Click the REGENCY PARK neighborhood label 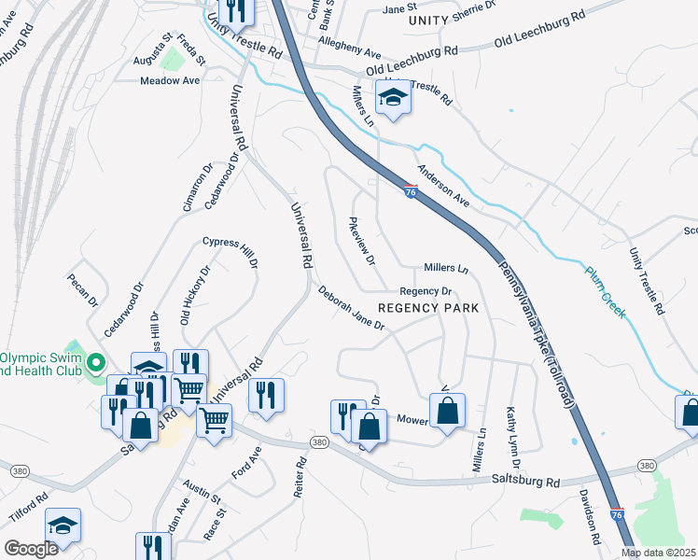(428, 308)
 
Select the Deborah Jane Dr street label (351, 309)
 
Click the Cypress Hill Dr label (230, 252)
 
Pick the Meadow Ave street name (170, 81)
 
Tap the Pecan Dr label (81, 289)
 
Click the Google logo (31, 549)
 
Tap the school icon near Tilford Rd (63, 525)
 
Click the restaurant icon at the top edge (232, 11)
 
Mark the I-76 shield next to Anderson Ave (411, 191)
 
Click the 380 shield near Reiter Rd (319, 441)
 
